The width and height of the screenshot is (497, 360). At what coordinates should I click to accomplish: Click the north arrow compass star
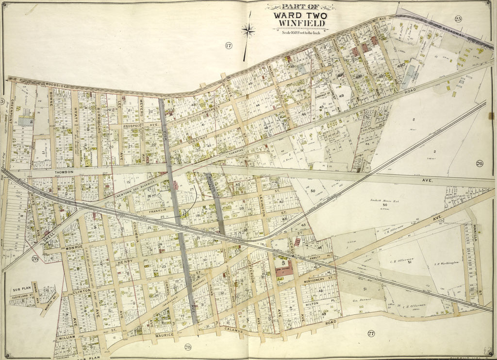pyautogui.click(x=248, y=31)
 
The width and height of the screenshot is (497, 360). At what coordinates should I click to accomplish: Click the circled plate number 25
pyautogui.click(x=458, y=19)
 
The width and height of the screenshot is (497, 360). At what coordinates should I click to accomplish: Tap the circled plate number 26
pyautogui.click(x=479, y=163)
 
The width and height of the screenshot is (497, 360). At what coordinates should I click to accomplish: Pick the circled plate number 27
pyautogui.click(x=371, y=333)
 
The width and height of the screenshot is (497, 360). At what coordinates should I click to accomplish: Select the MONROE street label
pyautogui.click(x=74, y=248)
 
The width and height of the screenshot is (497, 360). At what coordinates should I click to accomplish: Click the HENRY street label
pyautogui.click(x=125, y=262)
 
